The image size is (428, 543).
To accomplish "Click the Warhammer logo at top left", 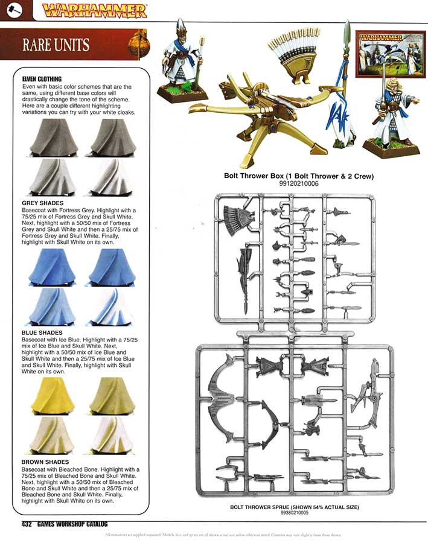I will pos(94,10).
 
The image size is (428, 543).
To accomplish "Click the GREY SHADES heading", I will pos(42,203).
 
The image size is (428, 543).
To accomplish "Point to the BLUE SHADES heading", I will pos(42,332).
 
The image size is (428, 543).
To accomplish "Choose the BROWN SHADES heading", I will pos(45,462).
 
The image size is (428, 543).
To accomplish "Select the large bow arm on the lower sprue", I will pos(220,392).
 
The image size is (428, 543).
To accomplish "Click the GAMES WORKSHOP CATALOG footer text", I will pos(72,524).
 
